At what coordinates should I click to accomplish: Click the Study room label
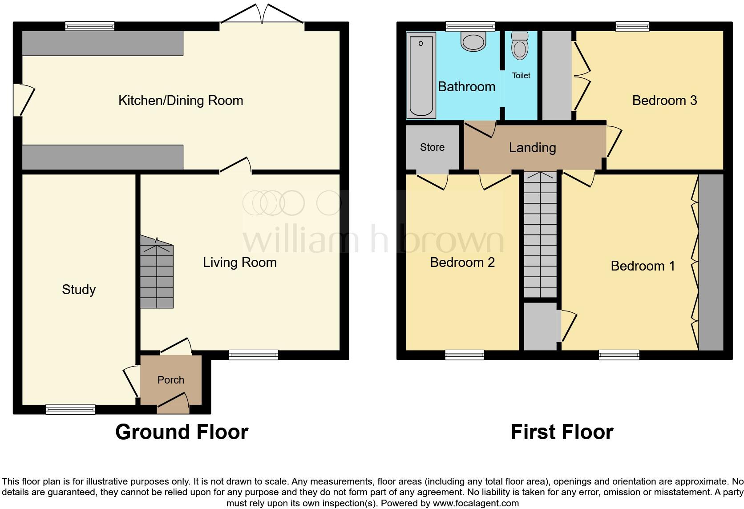[79, 290]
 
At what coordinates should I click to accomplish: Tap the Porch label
[170, 380]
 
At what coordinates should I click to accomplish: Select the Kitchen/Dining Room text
[181, 101]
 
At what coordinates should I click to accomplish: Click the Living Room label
[239, 263]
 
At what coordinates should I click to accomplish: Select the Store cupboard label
[432, 147]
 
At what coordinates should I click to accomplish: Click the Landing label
[532, 148]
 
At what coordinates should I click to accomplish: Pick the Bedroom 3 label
[664, 101]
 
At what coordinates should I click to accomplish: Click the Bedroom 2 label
[462, 263]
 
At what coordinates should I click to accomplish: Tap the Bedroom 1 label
[642, 266]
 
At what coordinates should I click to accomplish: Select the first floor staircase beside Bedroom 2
[540, 236]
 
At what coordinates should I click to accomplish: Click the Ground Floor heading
[182, 432]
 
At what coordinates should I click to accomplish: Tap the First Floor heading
[562, 432]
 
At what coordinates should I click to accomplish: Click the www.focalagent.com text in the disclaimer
[476, 504]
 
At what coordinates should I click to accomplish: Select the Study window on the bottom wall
[70, 409]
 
